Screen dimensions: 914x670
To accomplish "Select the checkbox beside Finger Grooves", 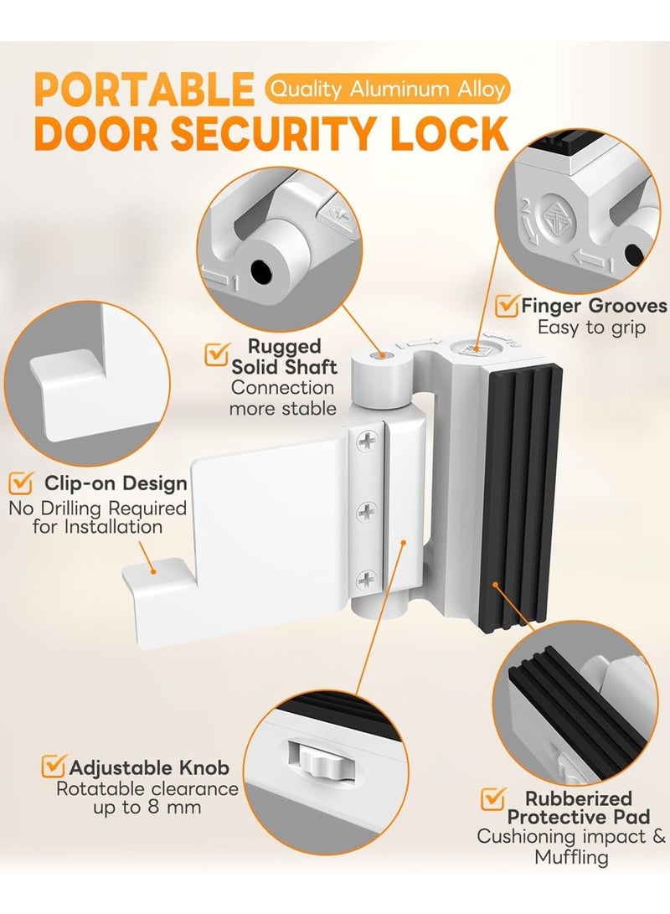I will coord(507,306).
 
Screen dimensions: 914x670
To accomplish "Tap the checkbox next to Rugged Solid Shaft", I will coord(216,355).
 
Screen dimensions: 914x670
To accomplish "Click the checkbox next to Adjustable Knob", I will coord(54,767).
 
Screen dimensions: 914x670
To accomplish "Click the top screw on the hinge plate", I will coord(367,438).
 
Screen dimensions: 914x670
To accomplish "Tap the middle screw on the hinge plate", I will coord(367,509).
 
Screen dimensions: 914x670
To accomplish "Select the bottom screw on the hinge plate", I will coord(367,577).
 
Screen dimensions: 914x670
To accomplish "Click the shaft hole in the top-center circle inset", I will coord(263,270).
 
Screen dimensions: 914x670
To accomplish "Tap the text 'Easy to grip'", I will coord(593,328).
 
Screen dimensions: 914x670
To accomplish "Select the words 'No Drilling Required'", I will coord(97,508).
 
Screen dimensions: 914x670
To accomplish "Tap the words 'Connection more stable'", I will coord(283,398).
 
